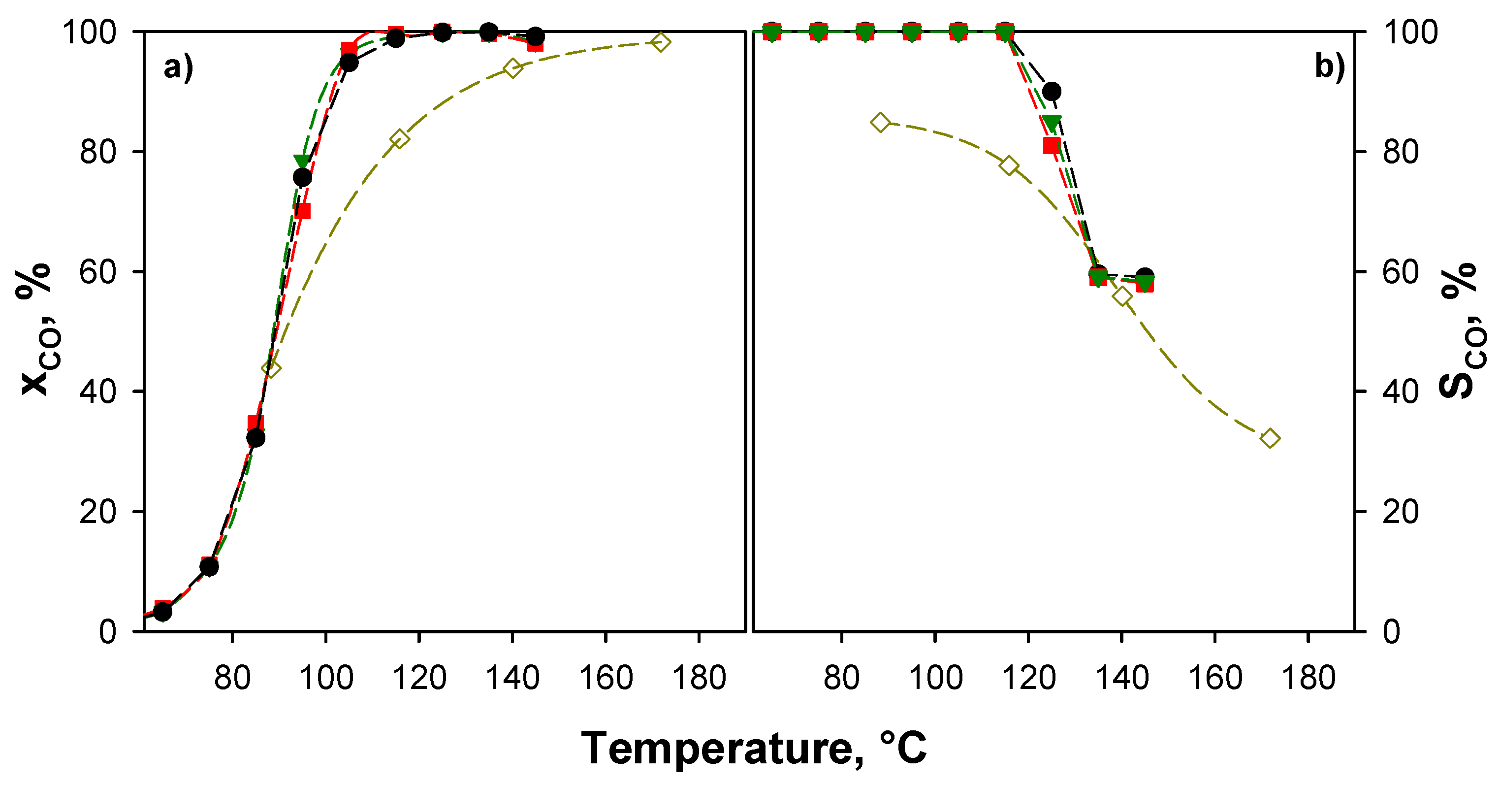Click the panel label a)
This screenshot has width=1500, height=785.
(178, 68)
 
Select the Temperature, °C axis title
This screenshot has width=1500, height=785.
(754, 749)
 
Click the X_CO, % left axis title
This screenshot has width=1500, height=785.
(36, 329)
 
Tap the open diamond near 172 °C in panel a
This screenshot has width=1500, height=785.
(660, 42)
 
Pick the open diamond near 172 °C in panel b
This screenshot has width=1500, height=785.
(1270, 438)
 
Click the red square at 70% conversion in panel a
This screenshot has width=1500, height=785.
(302, 211)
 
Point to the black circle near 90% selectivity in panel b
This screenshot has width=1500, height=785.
(1052, 92)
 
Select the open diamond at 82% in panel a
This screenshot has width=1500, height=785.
(399, 138)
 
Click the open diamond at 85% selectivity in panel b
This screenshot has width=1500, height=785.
(880, 122)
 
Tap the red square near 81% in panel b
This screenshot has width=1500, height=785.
(1051, 146)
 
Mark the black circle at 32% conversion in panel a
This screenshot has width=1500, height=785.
(255, 437)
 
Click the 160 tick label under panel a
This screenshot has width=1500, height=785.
(606, 679)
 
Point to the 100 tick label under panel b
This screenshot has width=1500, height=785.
(935, 679)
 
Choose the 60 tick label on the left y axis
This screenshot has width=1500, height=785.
(98, 272)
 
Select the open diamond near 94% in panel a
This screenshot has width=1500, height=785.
(512, 68)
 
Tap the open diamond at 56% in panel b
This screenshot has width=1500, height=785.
(1122, 296)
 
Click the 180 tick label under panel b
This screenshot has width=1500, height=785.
(1309, 679)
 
